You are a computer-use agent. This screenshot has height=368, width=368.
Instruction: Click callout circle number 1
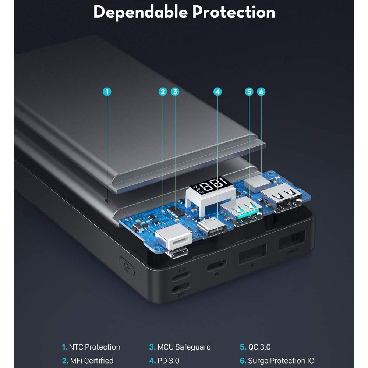coord(107,91)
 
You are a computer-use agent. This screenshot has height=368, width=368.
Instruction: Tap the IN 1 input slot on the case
coord(181,287)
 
